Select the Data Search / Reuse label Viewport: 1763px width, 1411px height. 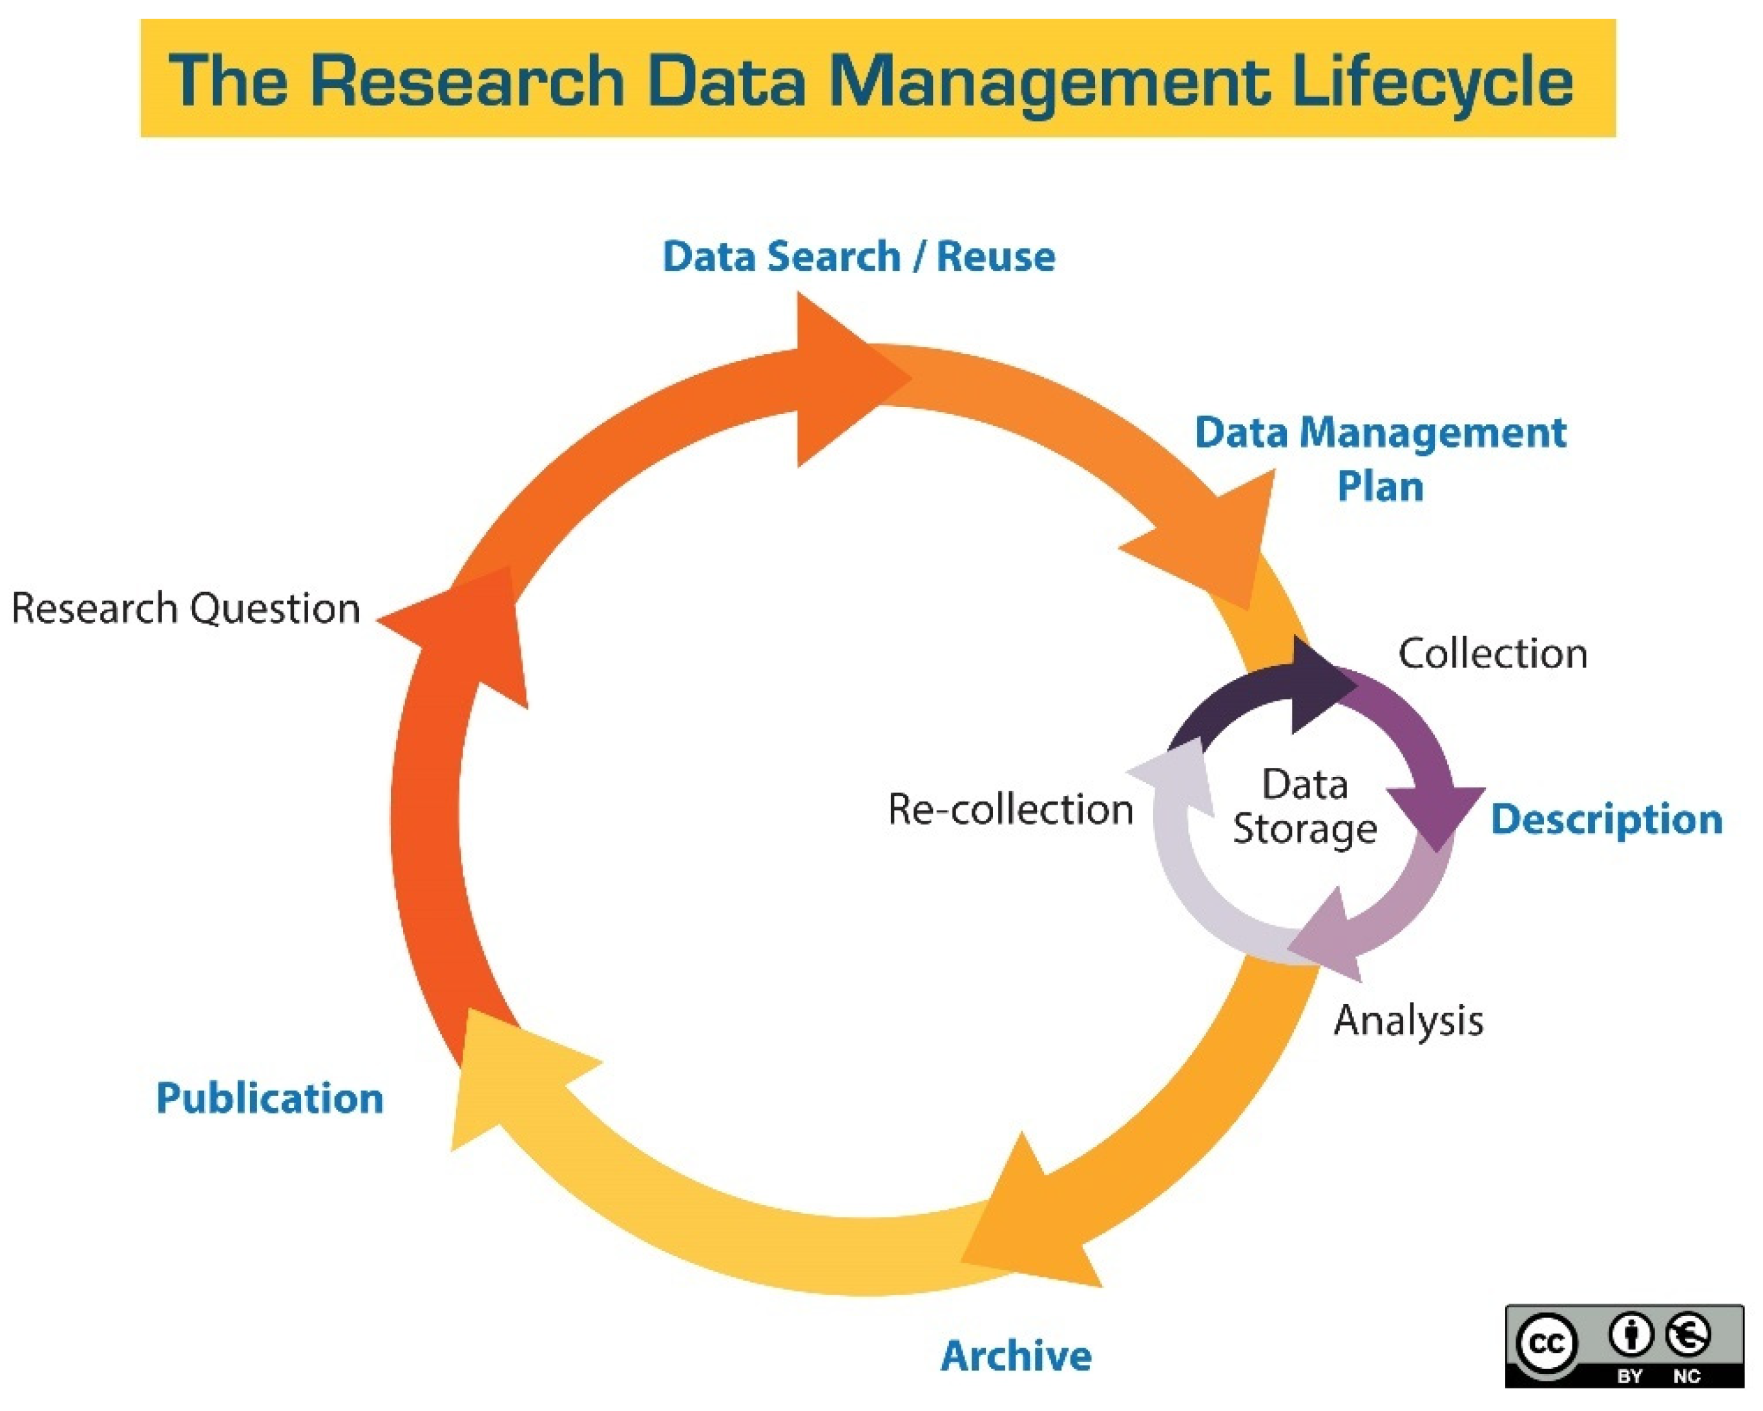pyautogui.click(x=859, y=257)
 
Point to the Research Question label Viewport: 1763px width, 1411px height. pyautogui.click(x=185, y=609)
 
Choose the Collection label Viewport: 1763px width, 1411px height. pyautogui.click(x=1492, y=654)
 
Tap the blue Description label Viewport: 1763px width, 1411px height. pyautogui.click(x=1606, y=819)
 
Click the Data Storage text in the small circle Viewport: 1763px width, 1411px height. pyautogui.click(x=1304, y=806)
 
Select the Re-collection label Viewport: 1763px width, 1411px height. pyautogui.click(x=1010, y=809)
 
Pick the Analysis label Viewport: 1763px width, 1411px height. pyautogui.click(x=1408, y=1020)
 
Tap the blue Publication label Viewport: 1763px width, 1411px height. pyautogui.click(x=270, y=1098)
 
